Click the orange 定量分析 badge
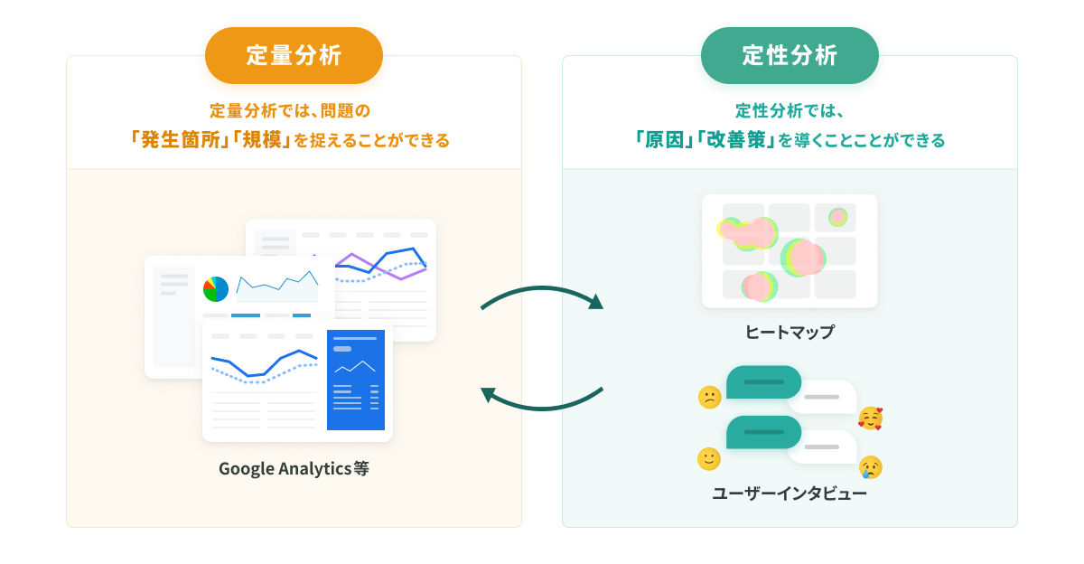[x=294, y=55]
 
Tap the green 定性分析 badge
[x=790, y=55]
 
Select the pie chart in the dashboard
[x=216, y=289]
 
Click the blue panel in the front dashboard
[x=356, y=380]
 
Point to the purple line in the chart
[x=381, y=268]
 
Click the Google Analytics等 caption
[x=294, y=468]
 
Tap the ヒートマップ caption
[x=790, y=332]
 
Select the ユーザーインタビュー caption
[x=790, y=493]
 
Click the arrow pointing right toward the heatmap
[x=542, y=289]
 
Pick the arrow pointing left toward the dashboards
[x=542, y=409]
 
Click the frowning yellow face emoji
[x=710, y=398]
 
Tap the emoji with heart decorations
[x=870, y=418]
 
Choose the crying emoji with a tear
[x=871, y=467]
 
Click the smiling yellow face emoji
[x=709, y=458]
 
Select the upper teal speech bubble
[x=763, y=382]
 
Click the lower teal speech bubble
[x=763, y=432]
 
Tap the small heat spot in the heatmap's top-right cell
[x=837, y=217]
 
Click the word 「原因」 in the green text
[x=665, y=140]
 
